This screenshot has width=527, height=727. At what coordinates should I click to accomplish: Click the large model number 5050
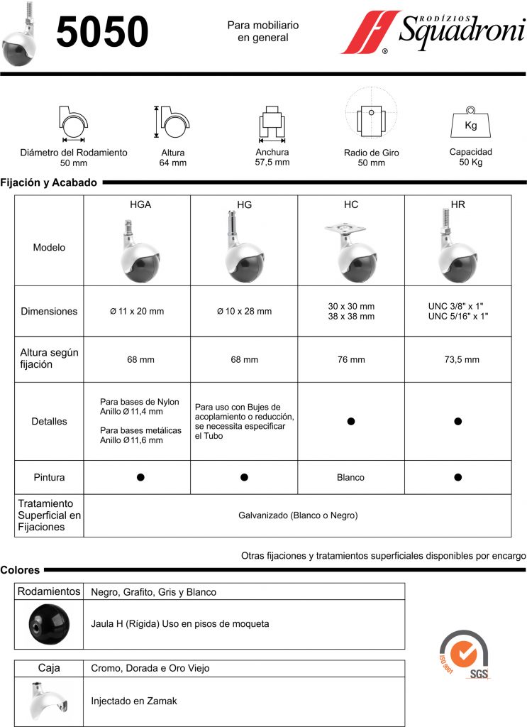click(x=102, y=33)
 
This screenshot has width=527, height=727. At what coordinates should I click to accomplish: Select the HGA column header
click(x=140, y=204)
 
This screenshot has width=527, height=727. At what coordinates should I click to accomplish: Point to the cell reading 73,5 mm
click(x=457, y=359)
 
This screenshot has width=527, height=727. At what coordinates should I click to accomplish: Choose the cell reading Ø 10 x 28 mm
click(x=244, y=311)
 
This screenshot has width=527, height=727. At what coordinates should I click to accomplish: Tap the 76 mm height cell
click(x=351, y=359)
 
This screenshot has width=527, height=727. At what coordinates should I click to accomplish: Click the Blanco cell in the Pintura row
click(x=351, y=477)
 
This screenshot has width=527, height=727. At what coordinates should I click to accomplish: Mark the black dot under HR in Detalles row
click(x=458, y=421)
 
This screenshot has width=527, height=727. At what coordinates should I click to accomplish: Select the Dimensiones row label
click(x=49, y=311)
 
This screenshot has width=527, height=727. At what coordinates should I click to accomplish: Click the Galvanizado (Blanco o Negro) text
click(x=298, y=515)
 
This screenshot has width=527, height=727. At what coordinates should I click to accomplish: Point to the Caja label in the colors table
click(x=48, y=668)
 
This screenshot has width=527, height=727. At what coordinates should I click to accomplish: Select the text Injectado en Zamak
click(x=134, y=701)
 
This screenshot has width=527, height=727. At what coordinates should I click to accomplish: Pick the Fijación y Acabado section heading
click(x=49, y=182)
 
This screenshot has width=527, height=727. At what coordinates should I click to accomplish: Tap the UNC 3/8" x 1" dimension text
click(x=457, y=306)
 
